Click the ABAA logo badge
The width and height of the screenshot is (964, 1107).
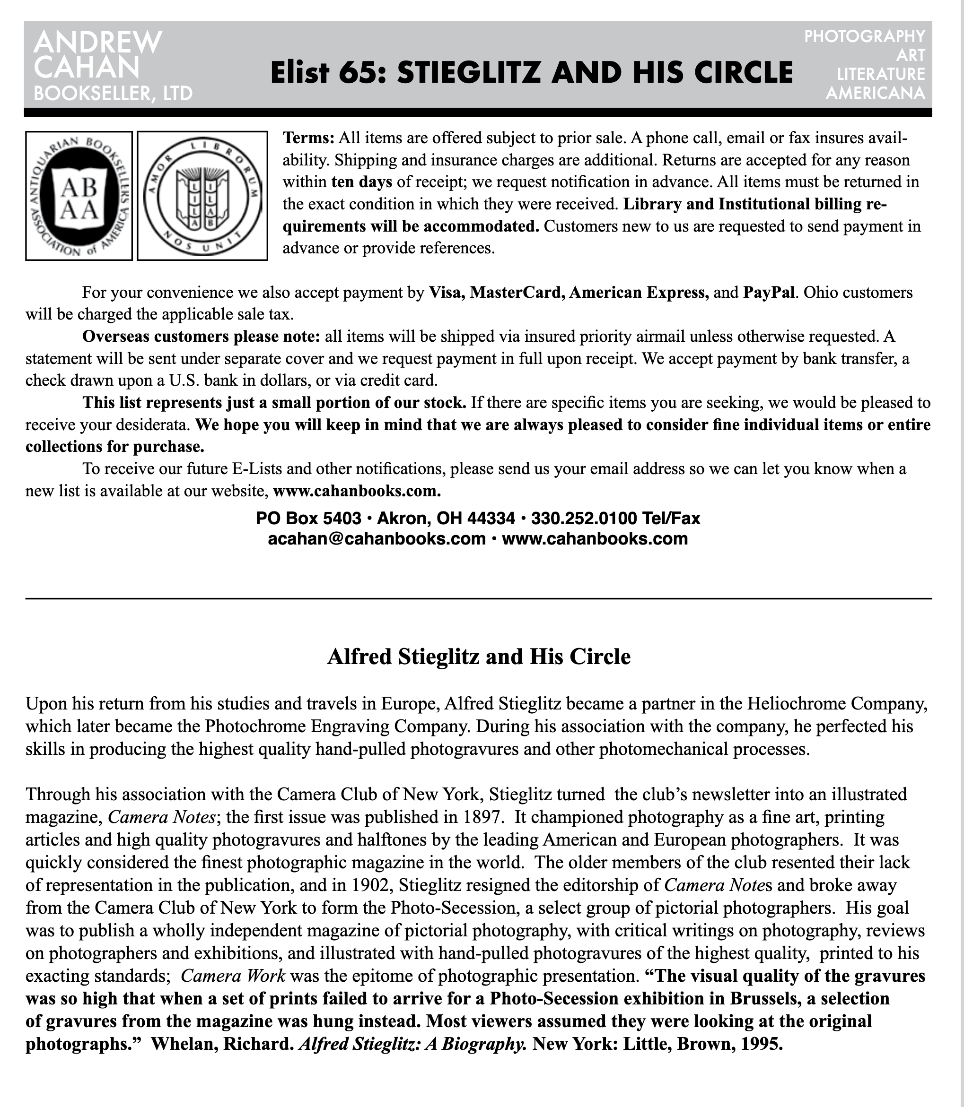pyautogui.click(x=79, y=196)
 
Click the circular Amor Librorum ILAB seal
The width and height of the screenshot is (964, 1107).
pyautogui.click(x=202, y=196)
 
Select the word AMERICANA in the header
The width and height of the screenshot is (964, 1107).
pyautogui.click(x=875, y=93)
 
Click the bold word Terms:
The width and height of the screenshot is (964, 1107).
pyautogui.click(x=309, y=138)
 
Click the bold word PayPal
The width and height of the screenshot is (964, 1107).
pyautogui.click(x=768, y=293)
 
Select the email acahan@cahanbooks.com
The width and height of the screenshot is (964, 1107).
pyautogui.click(x=377, y=539)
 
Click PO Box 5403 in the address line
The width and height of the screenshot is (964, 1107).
pyautogui.click(x=308, y=518)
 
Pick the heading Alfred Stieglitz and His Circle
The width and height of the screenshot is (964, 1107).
pyautogui.click(x=478, y=657)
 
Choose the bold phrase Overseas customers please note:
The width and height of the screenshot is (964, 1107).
pyautogui.click(x=201, y=337)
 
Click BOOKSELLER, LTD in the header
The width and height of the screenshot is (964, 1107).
pyautogui.click(x=113, y=94)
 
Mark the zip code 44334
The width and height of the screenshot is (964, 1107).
pyautogui.click(x=491, y=518)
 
